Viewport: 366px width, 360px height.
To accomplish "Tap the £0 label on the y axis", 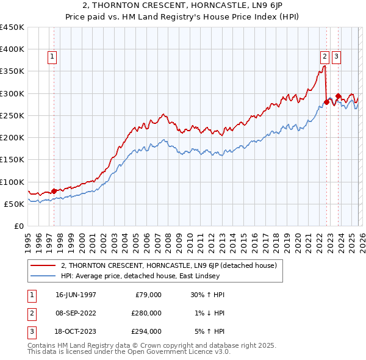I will (x=18, y=226).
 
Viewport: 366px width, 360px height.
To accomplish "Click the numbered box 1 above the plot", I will (x=52, y=57).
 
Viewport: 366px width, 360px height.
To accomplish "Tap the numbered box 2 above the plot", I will (x=325, y=57).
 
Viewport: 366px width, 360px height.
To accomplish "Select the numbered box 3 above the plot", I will (x=337, y=57).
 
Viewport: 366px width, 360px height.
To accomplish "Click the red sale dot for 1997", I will (x=54, y=191).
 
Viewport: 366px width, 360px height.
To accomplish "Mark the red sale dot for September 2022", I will (x=326, y=103).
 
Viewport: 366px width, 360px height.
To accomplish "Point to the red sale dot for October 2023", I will (x=338, y=96).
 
